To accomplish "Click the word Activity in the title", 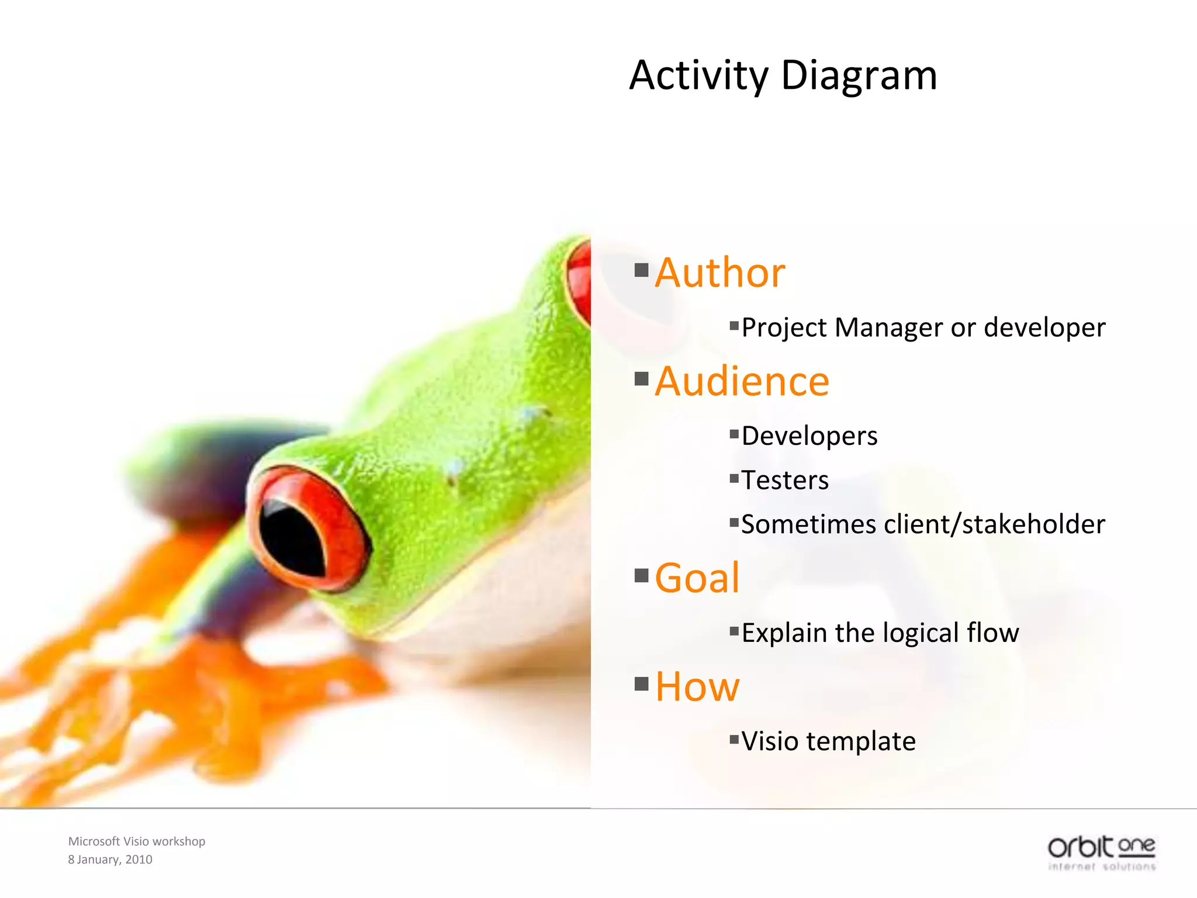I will click(698, 76).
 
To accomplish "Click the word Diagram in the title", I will click(859, 76).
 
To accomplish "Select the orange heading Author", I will click(719, 273).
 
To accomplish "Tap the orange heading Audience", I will click(742, 382).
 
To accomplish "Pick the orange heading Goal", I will click(697, 578).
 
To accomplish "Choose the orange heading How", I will click(697, 686).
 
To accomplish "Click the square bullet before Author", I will click(641, 270).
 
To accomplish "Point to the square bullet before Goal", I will click(641, 576).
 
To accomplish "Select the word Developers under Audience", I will click(809, 436).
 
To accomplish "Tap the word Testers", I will click(785, 481).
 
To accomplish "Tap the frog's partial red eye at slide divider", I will click(580, 284).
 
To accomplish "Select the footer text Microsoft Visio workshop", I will click(137, 841).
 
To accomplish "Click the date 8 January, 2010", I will click(110, 859).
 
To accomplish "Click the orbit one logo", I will click(1101, 853).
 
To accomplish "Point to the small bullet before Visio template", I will click(734, 740).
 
